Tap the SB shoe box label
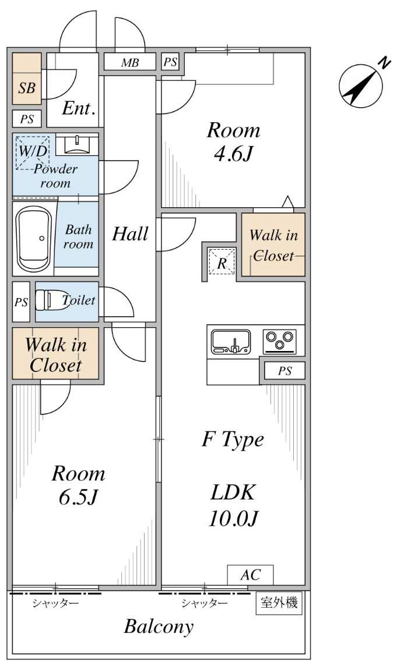point(27,88)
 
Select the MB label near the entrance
point(130,63)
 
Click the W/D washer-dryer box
point(33,151)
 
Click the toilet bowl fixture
point(47,300)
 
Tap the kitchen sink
point(231,341)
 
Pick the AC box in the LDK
point(250,575)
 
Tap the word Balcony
point(159,627)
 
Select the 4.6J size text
point(233,154)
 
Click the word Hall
point(129,234)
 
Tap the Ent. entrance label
point(79,108)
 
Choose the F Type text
point(233,439)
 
